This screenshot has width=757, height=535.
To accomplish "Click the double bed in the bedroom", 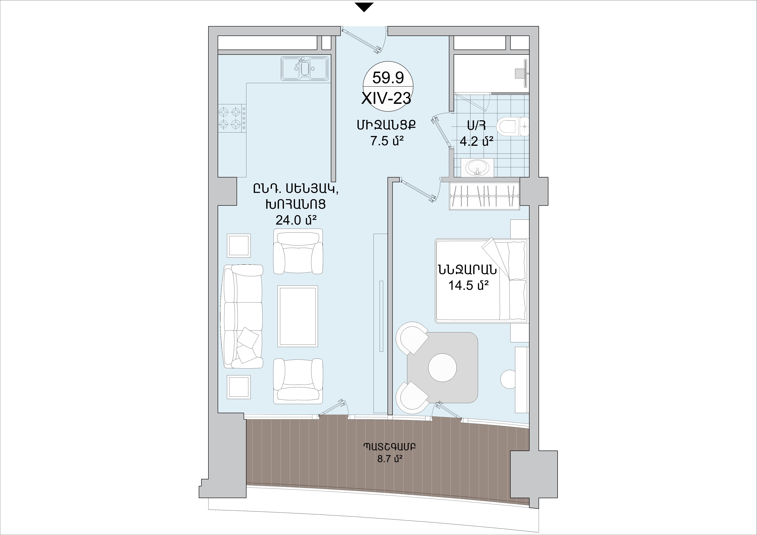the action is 481,280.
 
